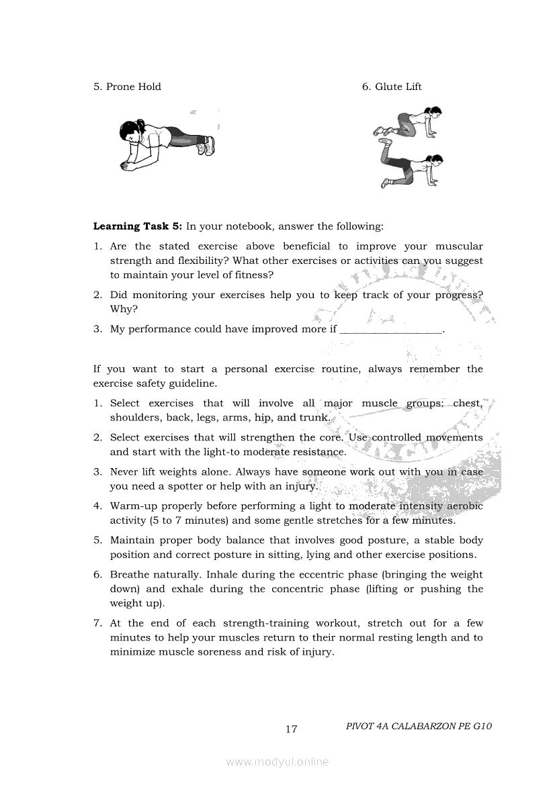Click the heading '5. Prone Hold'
tap(127, 87)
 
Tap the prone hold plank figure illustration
tap(167, 142)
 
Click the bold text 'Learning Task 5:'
tap(138, 226)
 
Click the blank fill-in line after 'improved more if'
tap(392, 330)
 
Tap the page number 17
tap(291, 729)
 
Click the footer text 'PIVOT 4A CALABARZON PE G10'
tap(419, 726)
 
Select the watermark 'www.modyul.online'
tap(277, 762)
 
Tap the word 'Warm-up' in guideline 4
tap(132, 506)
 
